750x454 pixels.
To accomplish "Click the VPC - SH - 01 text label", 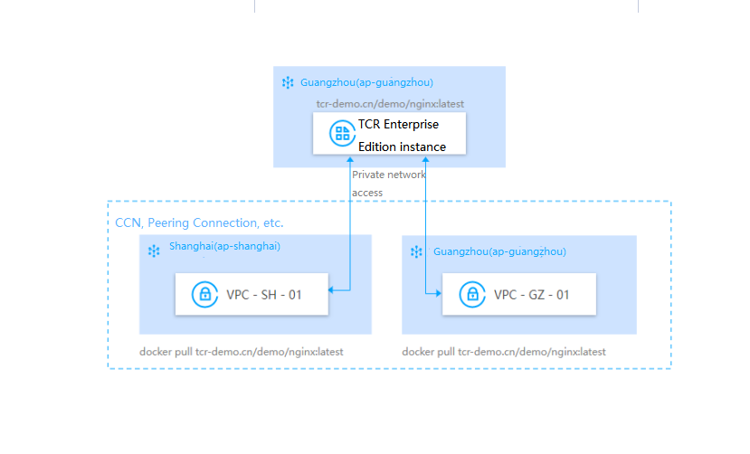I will (264, 294).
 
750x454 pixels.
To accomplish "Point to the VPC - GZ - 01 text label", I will (532, 294).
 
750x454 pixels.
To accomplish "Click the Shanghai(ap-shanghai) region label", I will (227, 246).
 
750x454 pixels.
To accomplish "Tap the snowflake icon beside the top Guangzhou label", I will (288, 82).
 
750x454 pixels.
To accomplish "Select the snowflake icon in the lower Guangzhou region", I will (417, 251).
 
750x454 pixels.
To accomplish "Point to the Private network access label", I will (388, 183).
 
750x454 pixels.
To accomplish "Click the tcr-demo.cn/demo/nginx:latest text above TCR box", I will (384, 104).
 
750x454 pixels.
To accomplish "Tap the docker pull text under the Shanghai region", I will (241, 351).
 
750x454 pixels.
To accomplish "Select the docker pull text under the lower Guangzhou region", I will (504, 351).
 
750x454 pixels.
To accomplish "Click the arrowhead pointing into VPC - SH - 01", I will (332, 290).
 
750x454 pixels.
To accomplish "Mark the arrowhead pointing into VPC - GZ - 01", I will (437, 293).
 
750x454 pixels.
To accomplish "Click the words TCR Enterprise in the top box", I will (399, 125).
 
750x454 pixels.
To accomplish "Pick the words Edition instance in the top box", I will (402, 147).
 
